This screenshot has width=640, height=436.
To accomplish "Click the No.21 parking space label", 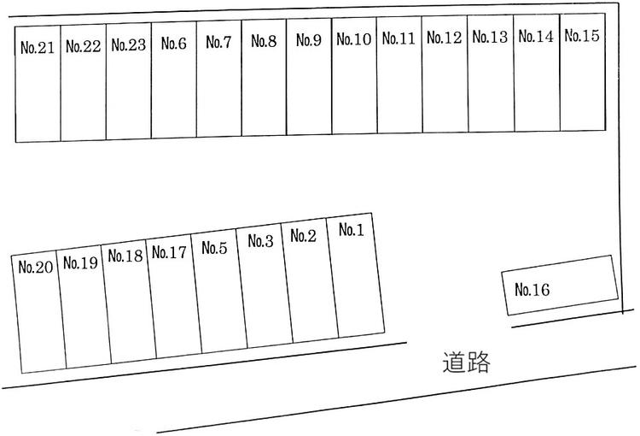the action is click(x=38, y=48).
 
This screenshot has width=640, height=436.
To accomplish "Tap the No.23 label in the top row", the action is click(x=129, y=45).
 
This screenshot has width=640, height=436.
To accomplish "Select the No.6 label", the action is click(x=174, y=43).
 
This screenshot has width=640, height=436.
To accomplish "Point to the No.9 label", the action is click(x=309, y=40).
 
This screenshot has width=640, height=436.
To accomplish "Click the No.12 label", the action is click(x=445, y=38).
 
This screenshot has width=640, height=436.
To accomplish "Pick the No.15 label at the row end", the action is click(x=582, y=36).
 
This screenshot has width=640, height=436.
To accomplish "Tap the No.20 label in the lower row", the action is click(x=36, y=267).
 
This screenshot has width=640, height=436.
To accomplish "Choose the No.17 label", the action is click(x=169, y=252).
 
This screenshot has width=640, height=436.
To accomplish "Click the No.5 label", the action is click(x=214, y=247).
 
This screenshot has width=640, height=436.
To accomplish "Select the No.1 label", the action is click(x=352, y=230).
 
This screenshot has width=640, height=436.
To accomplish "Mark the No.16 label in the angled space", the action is click(x=532, y=290).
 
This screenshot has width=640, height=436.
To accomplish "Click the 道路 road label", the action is click(x=466, y=362).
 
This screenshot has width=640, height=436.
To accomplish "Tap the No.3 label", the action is click(x=261, y=241).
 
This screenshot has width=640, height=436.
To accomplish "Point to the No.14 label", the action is click(x=537, y=37).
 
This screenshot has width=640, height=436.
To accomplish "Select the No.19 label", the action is click(x=81, y=262).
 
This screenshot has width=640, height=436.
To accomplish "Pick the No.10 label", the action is click(x=354, y=39).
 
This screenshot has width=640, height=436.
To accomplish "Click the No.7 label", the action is click(x=218, y=42).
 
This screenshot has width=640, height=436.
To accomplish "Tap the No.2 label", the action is click(x=304, y=236).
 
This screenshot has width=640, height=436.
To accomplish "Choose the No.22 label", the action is click(x=84, y=46).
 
